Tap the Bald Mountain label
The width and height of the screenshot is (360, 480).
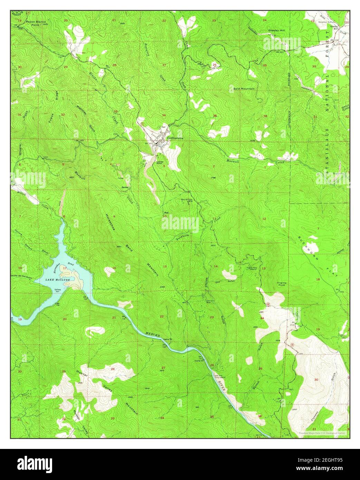tap(244, 89)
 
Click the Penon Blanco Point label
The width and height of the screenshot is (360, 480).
tap(38, 23)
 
